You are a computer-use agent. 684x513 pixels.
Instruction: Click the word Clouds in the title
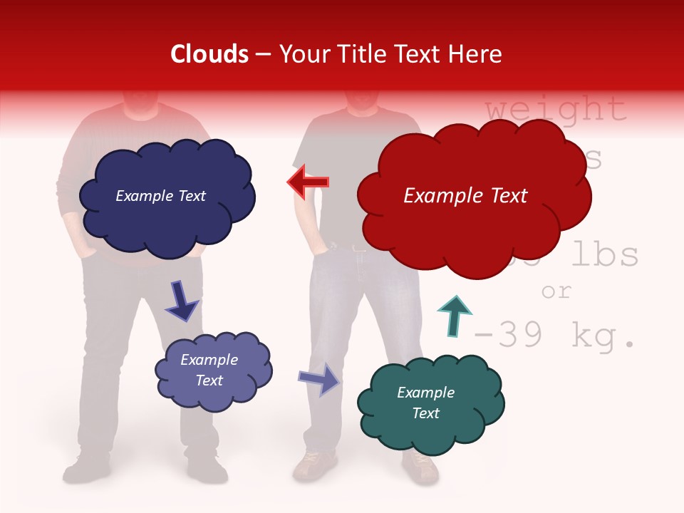pos(209,54)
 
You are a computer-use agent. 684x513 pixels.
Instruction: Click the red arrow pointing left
pos(308,182)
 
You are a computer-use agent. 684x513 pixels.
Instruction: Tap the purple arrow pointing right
pos(319,379)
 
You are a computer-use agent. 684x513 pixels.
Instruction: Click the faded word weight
pos(556,109)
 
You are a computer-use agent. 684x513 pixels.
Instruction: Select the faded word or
pos(556,291)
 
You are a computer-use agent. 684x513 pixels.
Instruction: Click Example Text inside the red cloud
pos(465,196)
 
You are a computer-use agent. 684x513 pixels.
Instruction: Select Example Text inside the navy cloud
pos(160,196)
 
